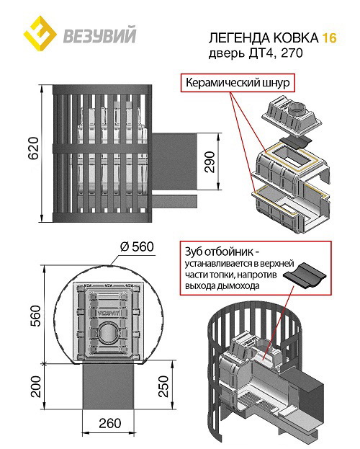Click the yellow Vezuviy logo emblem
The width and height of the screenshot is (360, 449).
pyautogui.click(x=40, y=33)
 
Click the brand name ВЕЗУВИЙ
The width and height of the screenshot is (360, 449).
pyautogui.click(x=99, y=35)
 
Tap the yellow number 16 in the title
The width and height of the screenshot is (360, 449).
pyautogui.click(x=329, y=37)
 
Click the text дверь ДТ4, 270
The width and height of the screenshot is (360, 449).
pyautogui.click(x=256, y=53)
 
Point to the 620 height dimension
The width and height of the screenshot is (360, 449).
pyautogui.click(x=34, y=148)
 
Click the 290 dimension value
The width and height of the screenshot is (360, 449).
pyautogui.click(x=210, y=161)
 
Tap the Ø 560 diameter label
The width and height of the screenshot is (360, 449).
pyautogui.click(x=137, y=246)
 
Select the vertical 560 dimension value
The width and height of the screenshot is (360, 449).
pyautogui.click(x=36, y=316)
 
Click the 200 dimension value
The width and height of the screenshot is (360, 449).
pyautogui.click(x=36, y=386)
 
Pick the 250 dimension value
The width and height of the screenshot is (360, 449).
pyautogui.click(x=163, y=386)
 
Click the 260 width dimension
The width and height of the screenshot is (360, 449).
pyautogui.click(x=110, y=423)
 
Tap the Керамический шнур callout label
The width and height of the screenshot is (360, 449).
pyautogui.click(x=238, y=82)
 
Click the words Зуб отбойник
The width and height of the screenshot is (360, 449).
pyautogui.click(x=219, y=252)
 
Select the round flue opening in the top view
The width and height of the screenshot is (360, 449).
pyautogui.click(x=108, y=334)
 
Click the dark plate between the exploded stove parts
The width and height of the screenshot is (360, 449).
pyautogui.click(x=295, y=141)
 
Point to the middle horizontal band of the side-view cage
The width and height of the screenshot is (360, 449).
pyautogui.click(x=101, y=148)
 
